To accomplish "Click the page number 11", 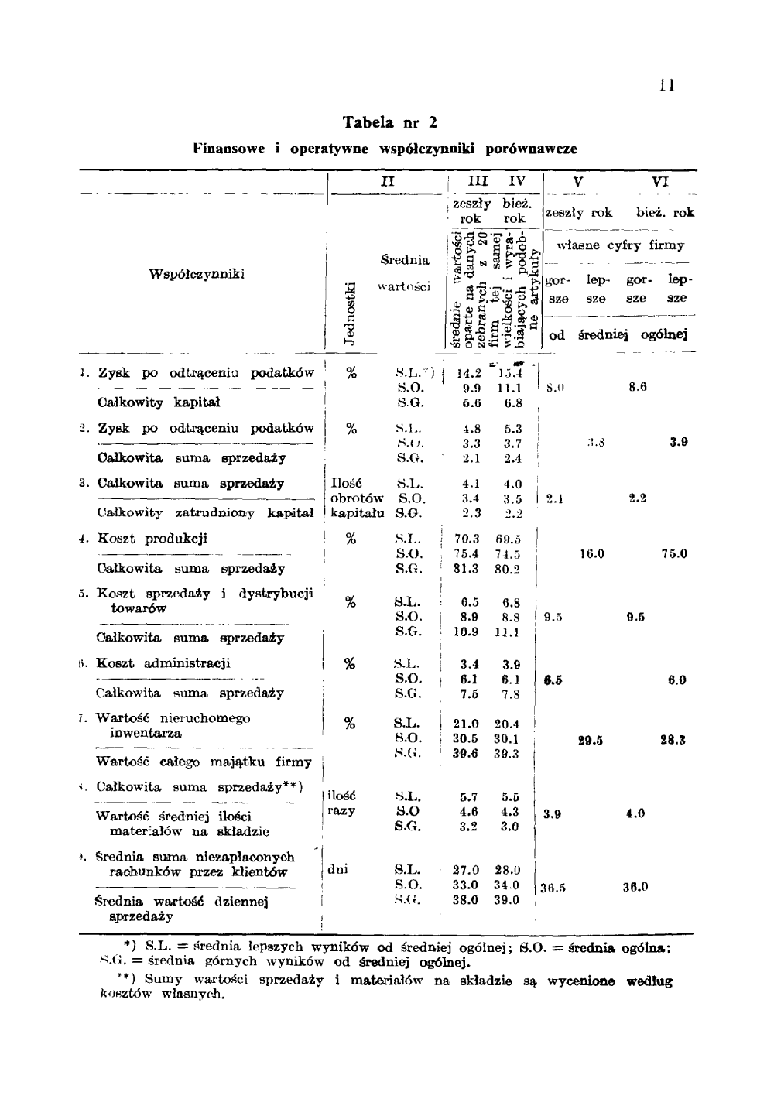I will click(667, 86).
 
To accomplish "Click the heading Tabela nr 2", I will click(390, 122).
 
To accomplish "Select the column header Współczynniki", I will click(197, 273).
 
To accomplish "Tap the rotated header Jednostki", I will click(350, 312).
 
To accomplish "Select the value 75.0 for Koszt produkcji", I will click(674, 554).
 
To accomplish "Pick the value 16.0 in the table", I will click(592, 554).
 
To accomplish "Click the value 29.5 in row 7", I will click(591, 741).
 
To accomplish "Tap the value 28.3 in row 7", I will click(673, 741).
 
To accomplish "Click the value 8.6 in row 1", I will click(637, 387).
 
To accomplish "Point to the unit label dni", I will click(337, 869).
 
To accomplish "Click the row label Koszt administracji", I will click(164, 663).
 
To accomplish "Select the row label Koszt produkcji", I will click(152, 539).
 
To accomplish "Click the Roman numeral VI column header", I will click(660, 182).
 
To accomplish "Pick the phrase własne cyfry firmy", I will click(621, 245).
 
